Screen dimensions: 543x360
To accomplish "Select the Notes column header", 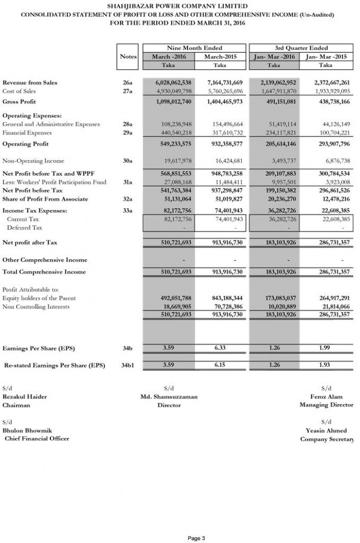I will click(x=128, y=56).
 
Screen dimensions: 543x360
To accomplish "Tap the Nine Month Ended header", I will click(x=195, y=48).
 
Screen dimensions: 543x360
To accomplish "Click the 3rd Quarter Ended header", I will click(x=301, y=48).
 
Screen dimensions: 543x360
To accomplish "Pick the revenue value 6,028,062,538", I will click(x=173, y=83).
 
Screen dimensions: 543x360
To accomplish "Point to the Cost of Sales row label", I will click(x=20, y=91).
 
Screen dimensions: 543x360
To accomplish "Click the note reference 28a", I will click(x=127, y=124).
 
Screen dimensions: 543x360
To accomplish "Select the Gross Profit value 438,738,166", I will click(x=329, y=101).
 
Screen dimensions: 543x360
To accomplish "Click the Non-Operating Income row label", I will click(x=33, y=161).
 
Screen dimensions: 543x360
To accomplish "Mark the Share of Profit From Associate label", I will click(x=46, y=199).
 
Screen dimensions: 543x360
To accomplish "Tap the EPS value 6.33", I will click(x=221, y=348).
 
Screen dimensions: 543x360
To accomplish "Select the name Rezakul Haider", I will click(x=24, y=397).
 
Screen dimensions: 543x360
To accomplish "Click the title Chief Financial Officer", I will click(x=37, y=439).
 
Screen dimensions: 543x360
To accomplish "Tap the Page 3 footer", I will click(x=196, y=539).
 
